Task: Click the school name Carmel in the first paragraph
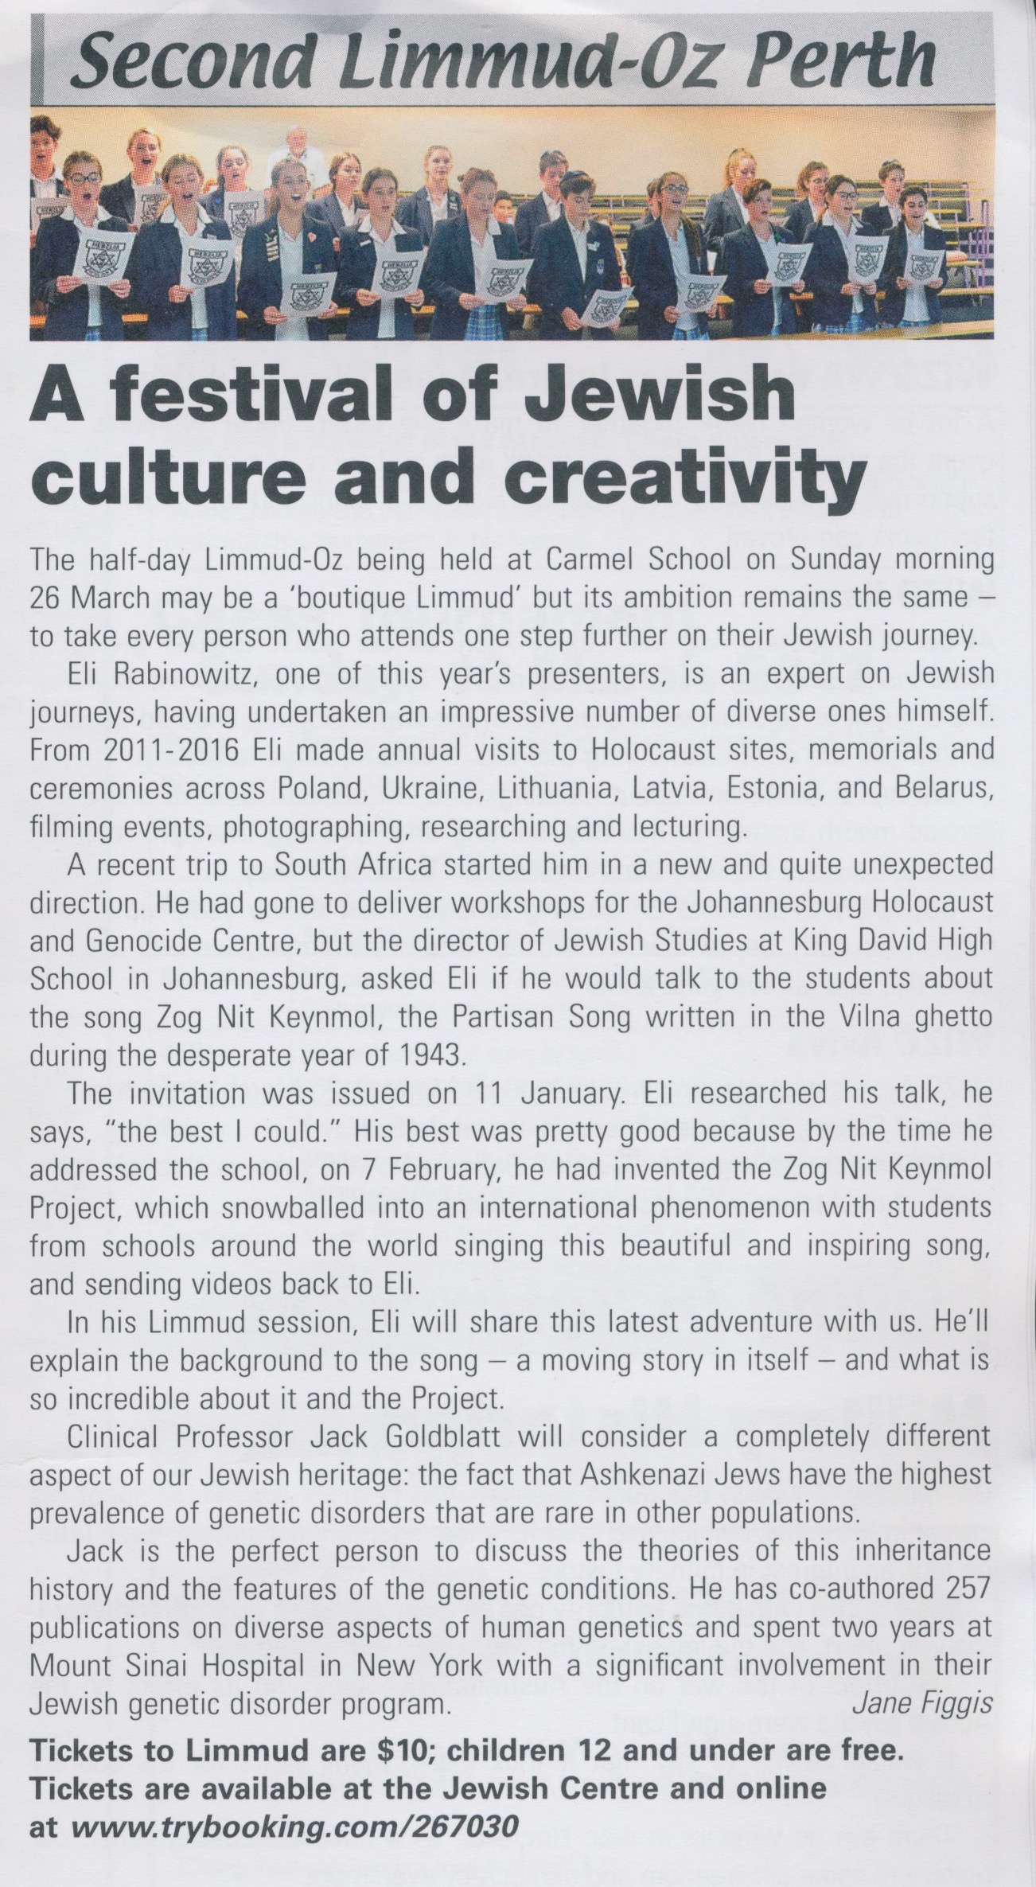tap(594, 561)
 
